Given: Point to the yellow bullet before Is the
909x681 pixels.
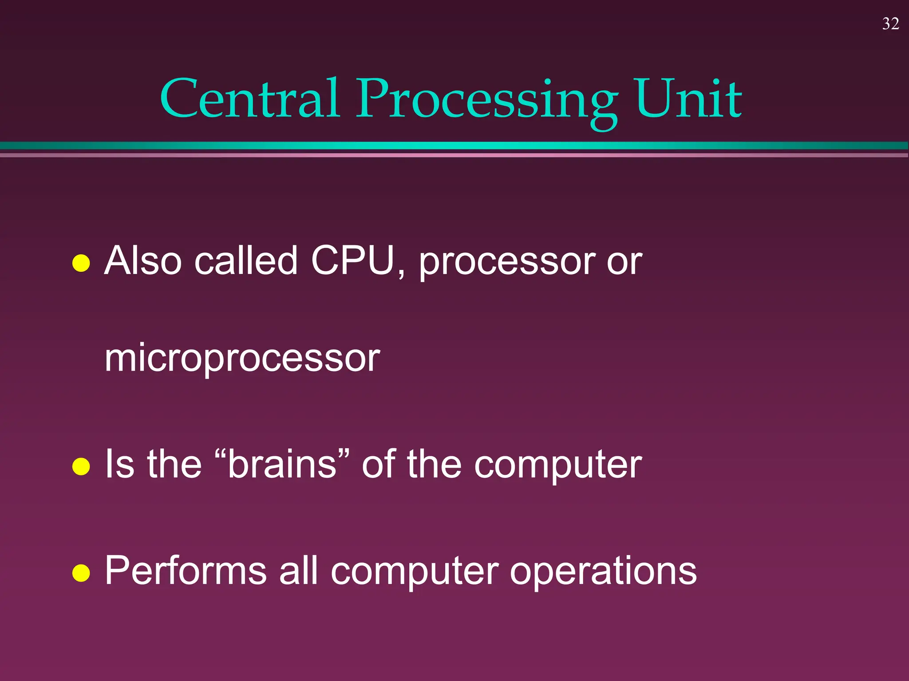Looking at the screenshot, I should point(81,466).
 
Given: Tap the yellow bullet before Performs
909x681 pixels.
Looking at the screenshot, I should point(81,573).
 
